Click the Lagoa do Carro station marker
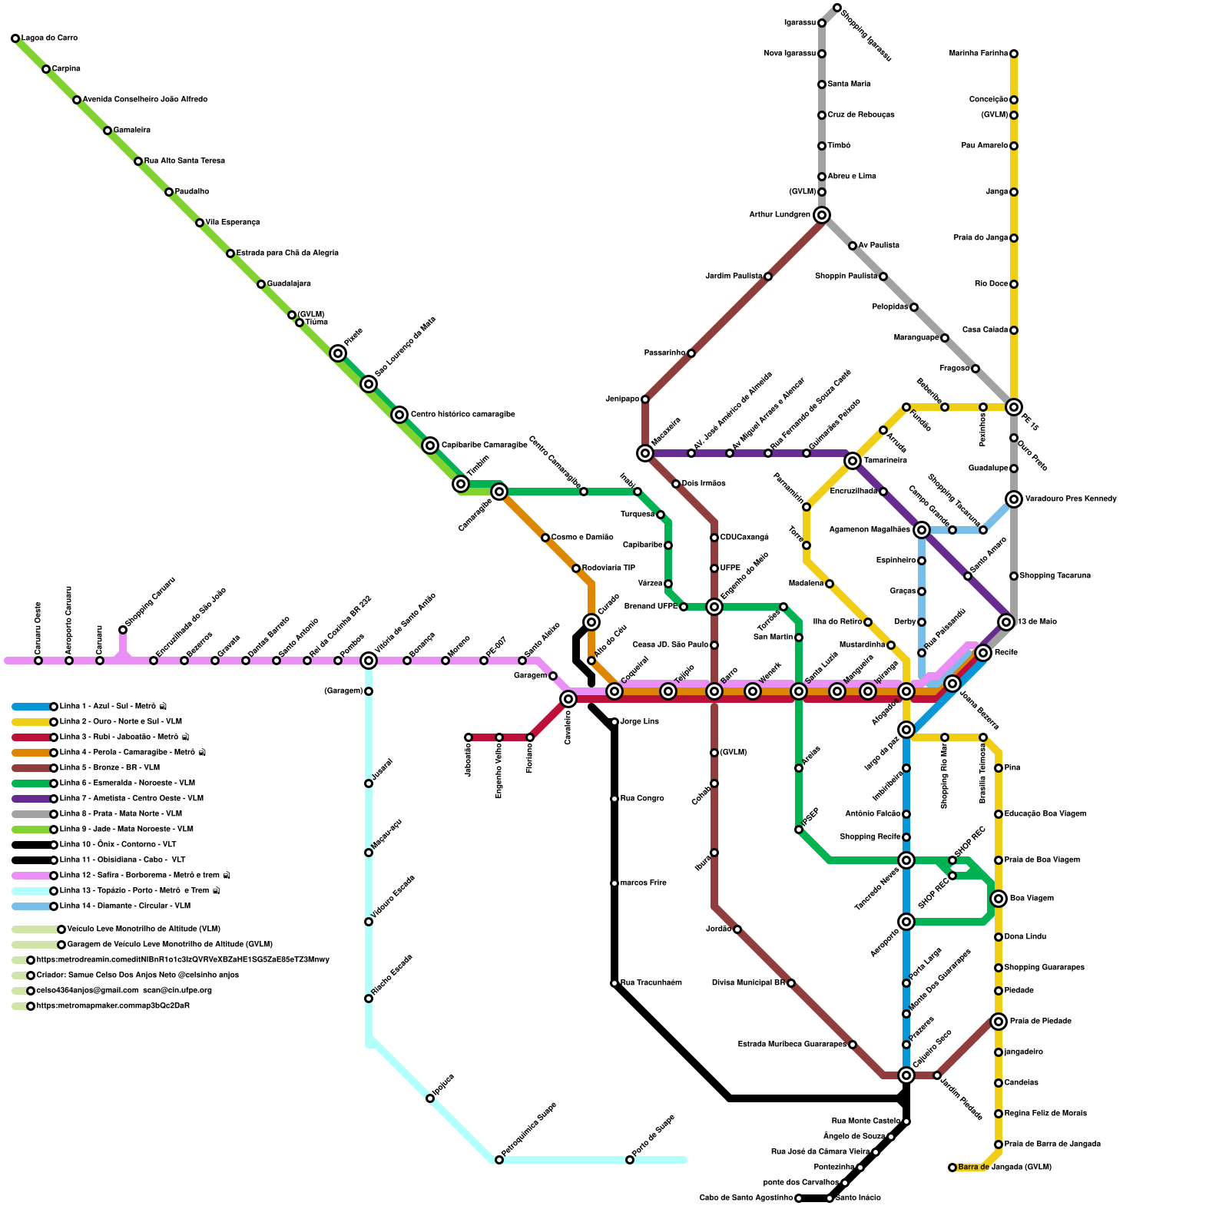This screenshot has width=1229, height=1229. click(x=15, y=38)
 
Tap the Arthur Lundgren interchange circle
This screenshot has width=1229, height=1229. click(x=822, y=215)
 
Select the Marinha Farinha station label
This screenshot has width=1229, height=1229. click(x=978, y=54)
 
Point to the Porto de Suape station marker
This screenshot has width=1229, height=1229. click(x=630, y=1160)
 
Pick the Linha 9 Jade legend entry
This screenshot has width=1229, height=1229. click(x=126, y=830)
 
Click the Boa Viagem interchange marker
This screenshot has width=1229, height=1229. click(x=999, y=899)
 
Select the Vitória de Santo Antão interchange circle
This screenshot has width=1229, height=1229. click(x=369, y=661)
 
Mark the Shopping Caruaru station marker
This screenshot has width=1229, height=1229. click(x=123, y=630)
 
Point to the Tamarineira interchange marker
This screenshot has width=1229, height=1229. click(x=853, y=461)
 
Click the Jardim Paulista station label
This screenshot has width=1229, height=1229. click(x=733, y=277)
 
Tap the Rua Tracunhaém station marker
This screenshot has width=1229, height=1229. click(x=614, y=983)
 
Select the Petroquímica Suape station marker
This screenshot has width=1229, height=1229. click(x=499, y=1160)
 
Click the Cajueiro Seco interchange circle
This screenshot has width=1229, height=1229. click(x=906, y=1075)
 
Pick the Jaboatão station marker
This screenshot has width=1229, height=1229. click(x=469, y=737)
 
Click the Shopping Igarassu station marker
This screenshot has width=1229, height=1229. click(x=837, y=8)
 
